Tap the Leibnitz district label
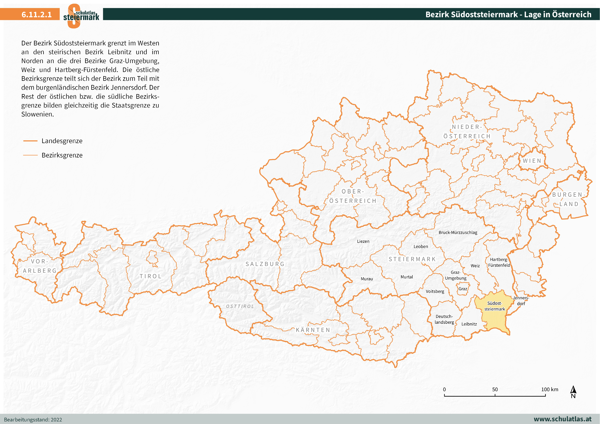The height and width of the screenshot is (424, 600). [x=469, y=324]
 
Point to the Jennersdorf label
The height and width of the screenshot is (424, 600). [x=521, y=301]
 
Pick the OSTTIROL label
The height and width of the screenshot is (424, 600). [x=240, y=306]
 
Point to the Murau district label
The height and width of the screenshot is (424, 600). [x=367, y=279]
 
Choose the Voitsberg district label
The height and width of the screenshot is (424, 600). [x=435, y=291]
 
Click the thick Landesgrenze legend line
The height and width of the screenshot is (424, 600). [x=30, y=141]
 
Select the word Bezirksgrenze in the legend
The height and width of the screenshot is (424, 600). [x=62, y=155]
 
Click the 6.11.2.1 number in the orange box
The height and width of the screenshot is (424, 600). [x=37, y=14]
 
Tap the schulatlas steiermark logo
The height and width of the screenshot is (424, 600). [x=81, y=16]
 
